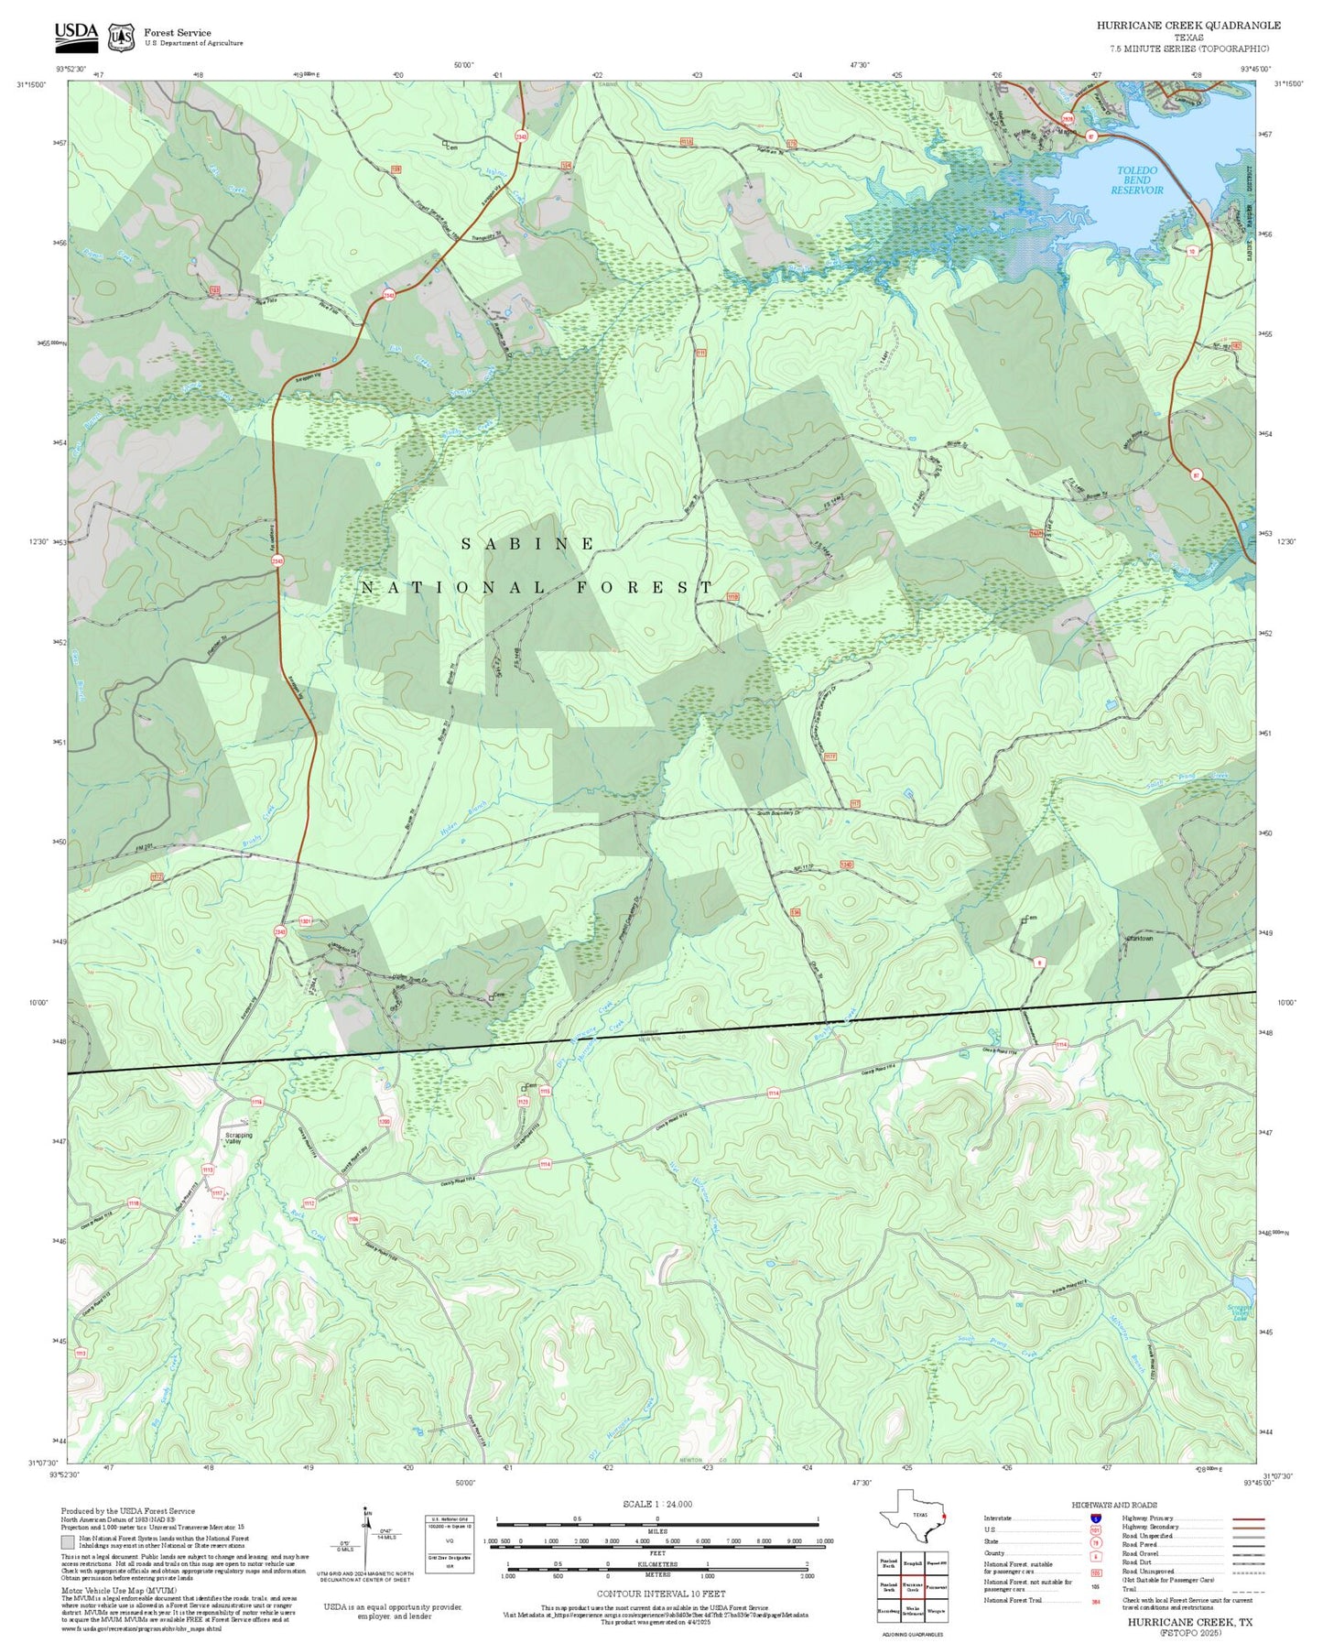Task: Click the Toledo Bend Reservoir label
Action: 1137,180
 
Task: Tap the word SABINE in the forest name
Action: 528,544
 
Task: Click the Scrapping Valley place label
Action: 238,1138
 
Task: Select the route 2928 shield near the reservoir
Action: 1068,119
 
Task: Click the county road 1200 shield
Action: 385,1122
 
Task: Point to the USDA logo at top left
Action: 76,35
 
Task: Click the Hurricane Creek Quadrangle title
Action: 1188,26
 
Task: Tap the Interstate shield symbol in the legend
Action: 1095,1518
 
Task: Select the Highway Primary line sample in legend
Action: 1248,1518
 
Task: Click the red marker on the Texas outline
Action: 943,1516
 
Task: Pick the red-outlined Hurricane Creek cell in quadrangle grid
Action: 912,1586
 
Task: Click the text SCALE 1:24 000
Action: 656,1504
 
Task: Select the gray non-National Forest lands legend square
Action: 68,1542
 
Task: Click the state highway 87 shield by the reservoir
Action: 1090,136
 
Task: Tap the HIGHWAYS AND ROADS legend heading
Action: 1113,1505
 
